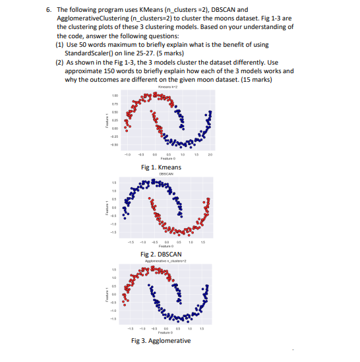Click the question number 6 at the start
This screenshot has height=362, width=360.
coord(48,11)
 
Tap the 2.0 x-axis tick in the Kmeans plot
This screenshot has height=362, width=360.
coord(210,156)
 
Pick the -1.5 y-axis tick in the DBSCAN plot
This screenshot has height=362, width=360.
coord(114,231)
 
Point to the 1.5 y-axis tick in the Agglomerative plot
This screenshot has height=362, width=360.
coord(114,269)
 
